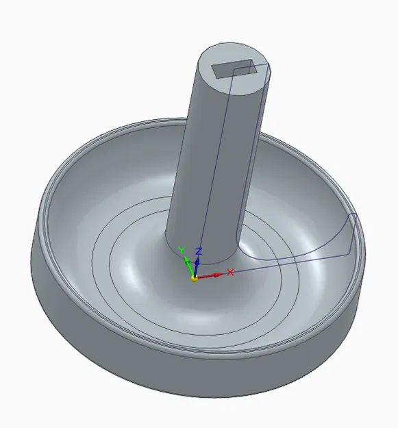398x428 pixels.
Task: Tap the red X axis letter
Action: tap(230, 272)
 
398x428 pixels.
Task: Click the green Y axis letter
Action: tap(182, 251)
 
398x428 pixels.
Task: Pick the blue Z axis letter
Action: tap(198, 251)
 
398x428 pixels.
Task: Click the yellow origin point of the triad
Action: tap(194, 278)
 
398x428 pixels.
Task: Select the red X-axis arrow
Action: tap(212, 275)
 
